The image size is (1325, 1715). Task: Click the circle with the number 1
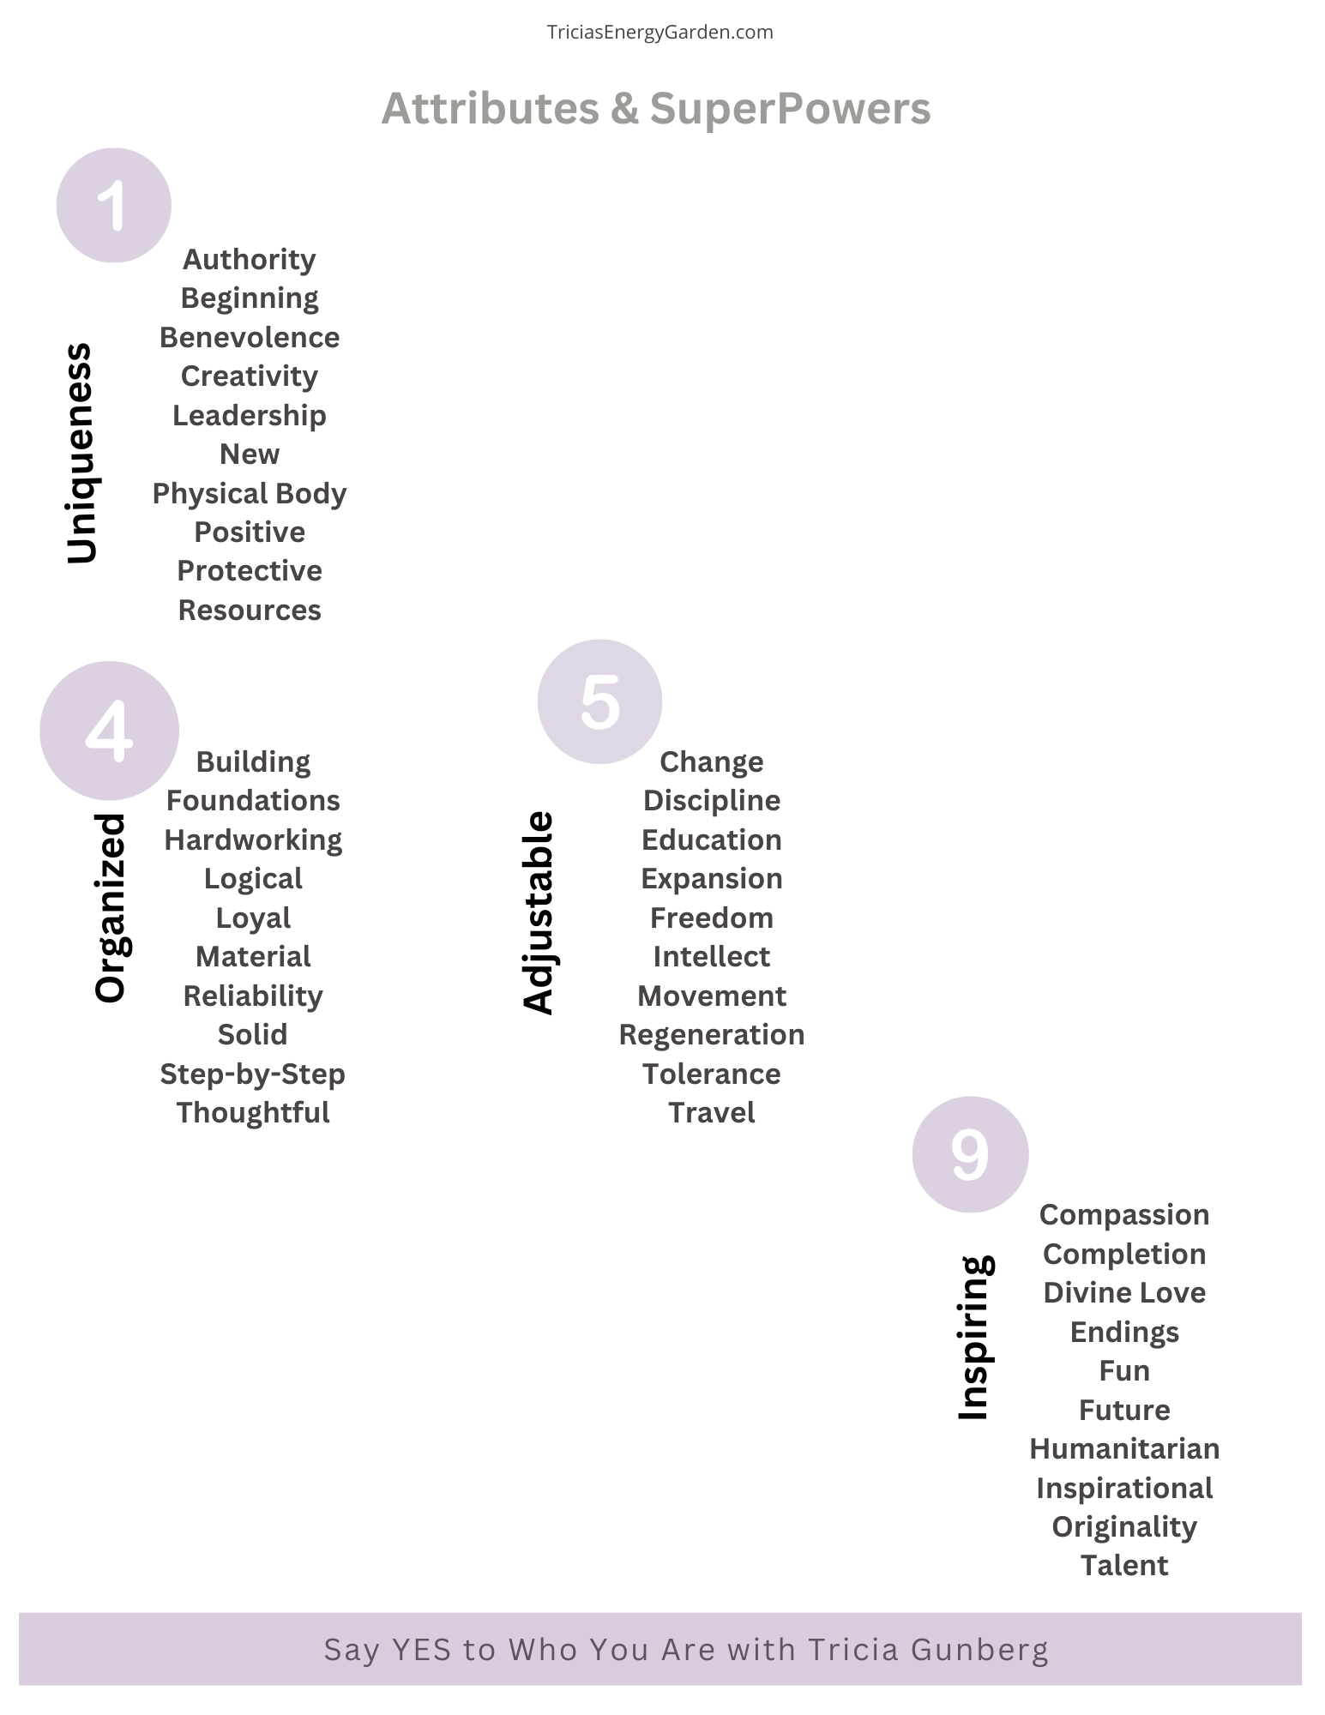[x=114, y=206]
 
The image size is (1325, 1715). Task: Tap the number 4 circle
[x=109, y=731]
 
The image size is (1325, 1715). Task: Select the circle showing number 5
[x=599, y=701]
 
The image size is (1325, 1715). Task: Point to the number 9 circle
[x=970, y=1154]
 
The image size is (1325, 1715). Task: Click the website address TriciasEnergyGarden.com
[x=660, y=33]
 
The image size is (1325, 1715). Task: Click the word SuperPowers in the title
[x=790, y=109]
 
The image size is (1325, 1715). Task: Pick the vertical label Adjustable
[x=539, y=912]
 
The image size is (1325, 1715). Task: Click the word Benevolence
[x=250, y=337]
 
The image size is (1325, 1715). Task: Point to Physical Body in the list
[x=250, y=493]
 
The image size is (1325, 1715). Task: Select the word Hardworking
[x=253, y=839]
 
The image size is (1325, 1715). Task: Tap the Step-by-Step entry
[x=253, y=1074]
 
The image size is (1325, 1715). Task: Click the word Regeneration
[x=712, y=1035]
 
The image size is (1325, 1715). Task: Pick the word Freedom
[x=712, y=918]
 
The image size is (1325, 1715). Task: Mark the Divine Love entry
[x=1124, y=1292]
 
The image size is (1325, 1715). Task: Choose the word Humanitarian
[x=1124, y=1448]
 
